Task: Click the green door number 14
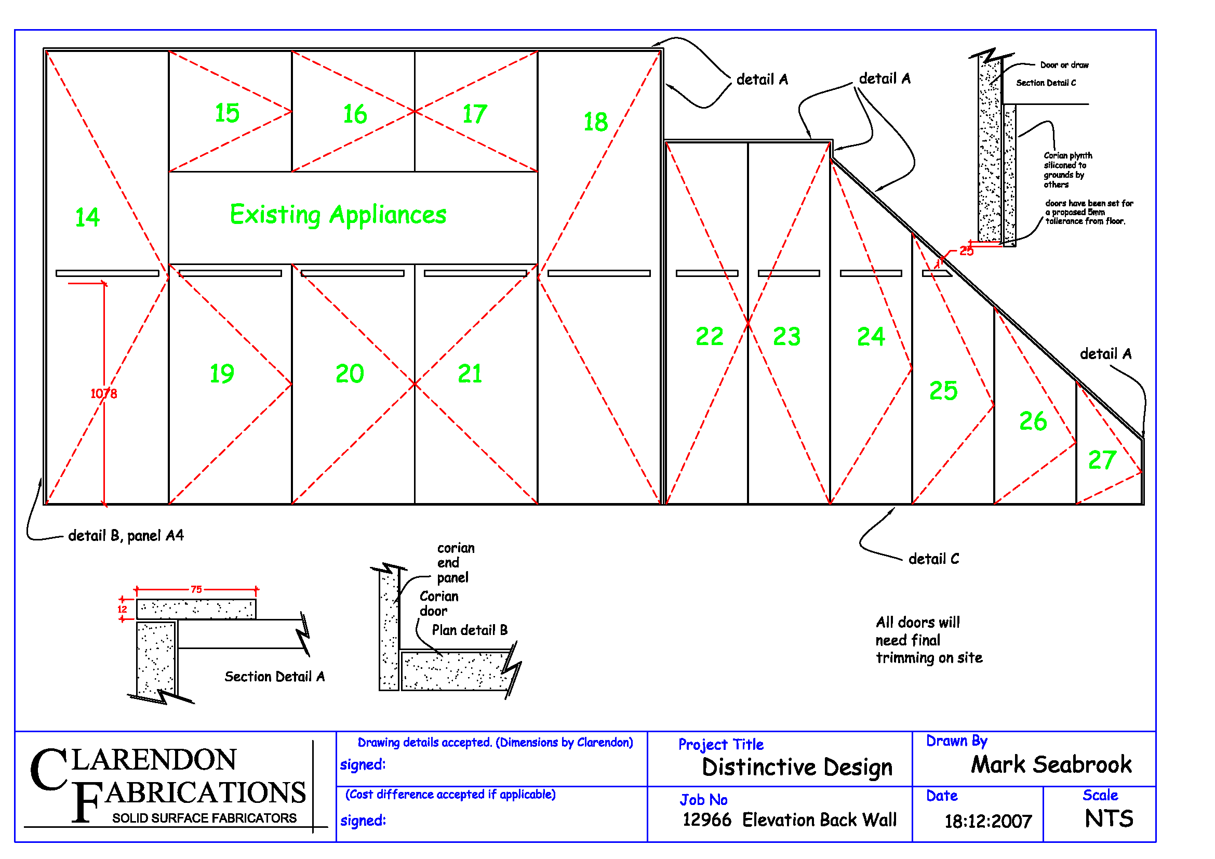point(87,218)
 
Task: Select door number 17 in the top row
point(474,114)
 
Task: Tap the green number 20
point(350,374)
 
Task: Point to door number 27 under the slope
point(1102,460)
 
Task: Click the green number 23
point(786,337)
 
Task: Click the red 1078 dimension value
point(104,393)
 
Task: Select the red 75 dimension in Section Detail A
point(196,589)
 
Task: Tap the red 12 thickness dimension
point(122,609)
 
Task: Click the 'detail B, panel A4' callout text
point(126,536)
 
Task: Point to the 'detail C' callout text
point(933,559)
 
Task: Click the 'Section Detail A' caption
point(275,677)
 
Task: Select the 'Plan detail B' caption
point(470,630)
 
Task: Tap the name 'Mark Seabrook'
point(1051,765)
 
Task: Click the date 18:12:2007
point(988,821)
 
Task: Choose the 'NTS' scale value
point(1109,819)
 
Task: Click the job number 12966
point(706,820)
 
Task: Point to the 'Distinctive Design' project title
point(797,767)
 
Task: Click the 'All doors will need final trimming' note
point(929,640)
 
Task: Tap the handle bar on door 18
point(598,274)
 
